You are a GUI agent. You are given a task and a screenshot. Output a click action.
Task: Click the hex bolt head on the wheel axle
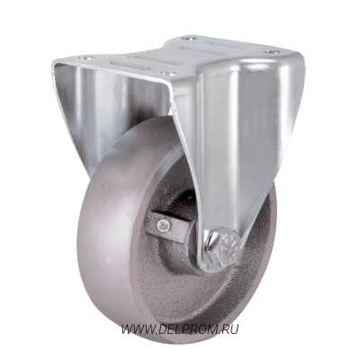(x=229, y=247)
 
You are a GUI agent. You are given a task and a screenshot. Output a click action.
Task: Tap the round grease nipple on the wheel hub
(x=164, y=224)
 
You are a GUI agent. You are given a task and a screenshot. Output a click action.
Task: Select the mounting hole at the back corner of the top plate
(x=189, y=39)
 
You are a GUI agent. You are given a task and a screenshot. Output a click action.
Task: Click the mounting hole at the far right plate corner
(x=272, y=51)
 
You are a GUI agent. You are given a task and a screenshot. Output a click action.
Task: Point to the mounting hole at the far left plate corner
(x=86, y=58)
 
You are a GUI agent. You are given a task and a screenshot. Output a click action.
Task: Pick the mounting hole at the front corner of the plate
(x=169, y=74)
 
